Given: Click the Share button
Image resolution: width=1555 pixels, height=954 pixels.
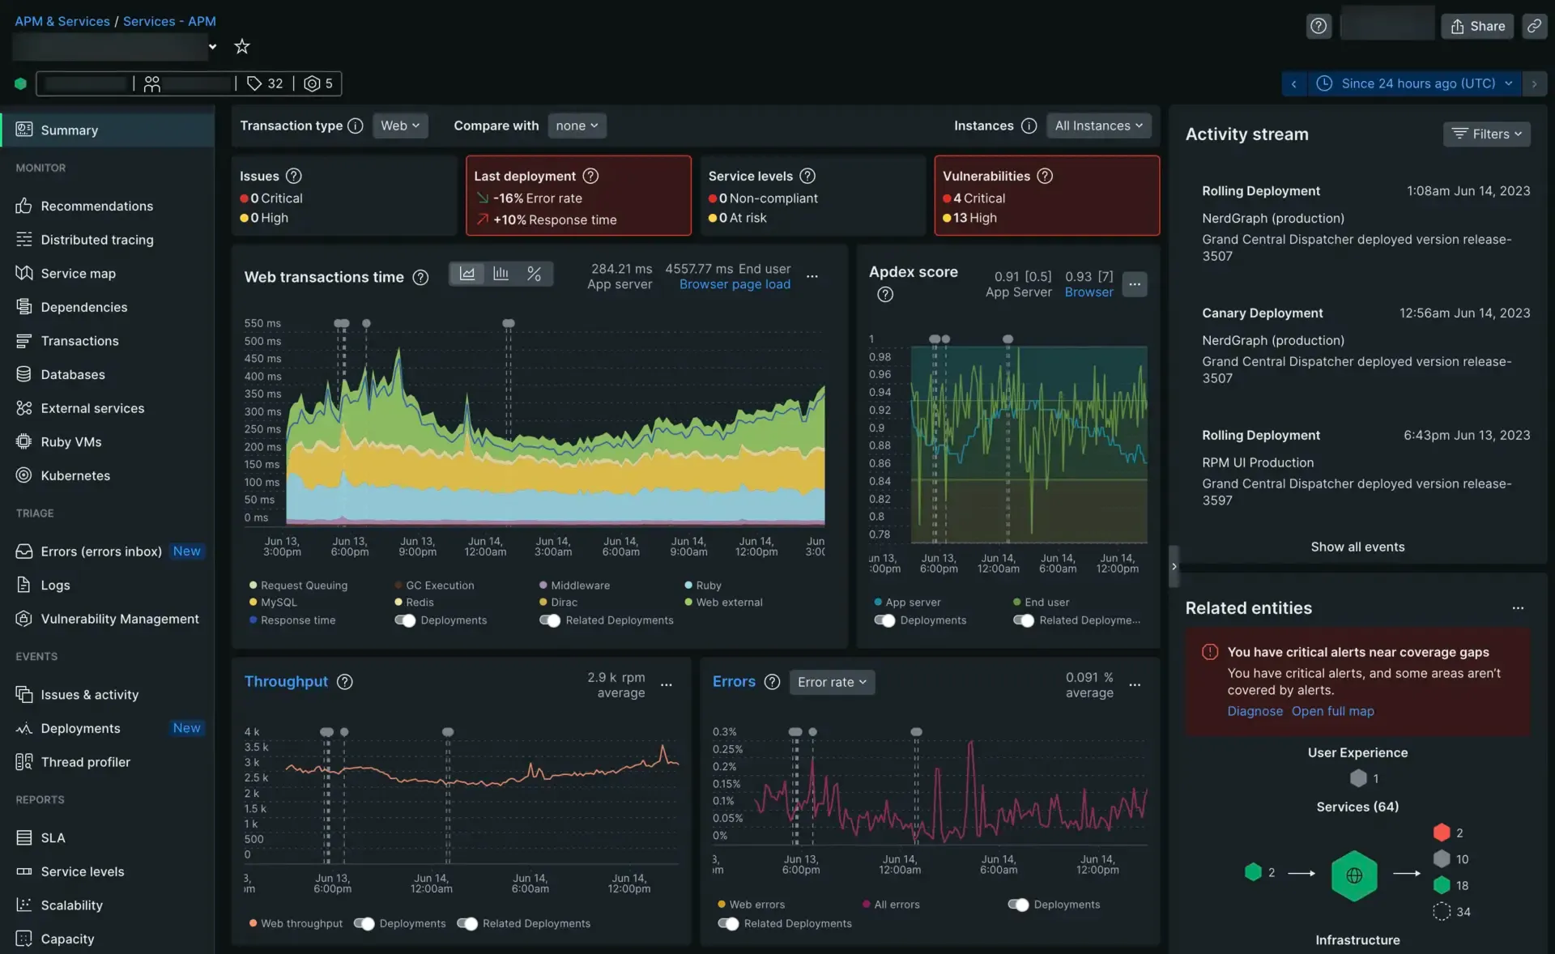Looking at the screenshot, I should pos(1477,26).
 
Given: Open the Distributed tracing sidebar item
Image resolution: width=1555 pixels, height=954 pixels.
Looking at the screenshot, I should pos(96,240).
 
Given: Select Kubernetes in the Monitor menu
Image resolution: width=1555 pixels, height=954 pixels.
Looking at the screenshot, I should pos(75,475).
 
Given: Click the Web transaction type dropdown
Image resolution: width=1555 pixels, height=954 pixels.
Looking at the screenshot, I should pos(400,126).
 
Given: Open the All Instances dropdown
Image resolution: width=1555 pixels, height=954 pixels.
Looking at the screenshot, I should pos(1098,126).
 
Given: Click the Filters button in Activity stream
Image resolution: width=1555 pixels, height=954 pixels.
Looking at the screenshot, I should pos(1486,134).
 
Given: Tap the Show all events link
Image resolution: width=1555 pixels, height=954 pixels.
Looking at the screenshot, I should pos(1357,547).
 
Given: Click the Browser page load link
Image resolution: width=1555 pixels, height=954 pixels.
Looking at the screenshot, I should pos(735,284).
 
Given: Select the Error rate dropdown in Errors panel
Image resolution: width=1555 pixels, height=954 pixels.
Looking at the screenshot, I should pos(832,682).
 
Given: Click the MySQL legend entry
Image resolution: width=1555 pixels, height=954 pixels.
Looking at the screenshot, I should pos(278,603).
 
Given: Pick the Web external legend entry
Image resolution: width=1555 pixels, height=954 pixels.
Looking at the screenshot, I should pos(728,603).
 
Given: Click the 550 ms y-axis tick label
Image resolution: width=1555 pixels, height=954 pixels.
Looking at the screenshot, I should pos(262,323).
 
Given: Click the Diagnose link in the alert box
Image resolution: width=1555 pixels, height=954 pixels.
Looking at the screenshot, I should pos(1255,711).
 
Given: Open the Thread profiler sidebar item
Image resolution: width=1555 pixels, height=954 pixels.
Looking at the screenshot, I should pos(85,762).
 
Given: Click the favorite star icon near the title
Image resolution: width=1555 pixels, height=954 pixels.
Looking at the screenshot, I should pos(241,46).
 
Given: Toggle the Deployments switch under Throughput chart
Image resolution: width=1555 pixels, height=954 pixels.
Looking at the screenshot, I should pos(364,923).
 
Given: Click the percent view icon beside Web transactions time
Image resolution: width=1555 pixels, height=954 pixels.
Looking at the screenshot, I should pos(534,274).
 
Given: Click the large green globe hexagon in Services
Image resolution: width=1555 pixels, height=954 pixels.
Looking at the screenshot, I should pos(1353,875).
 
